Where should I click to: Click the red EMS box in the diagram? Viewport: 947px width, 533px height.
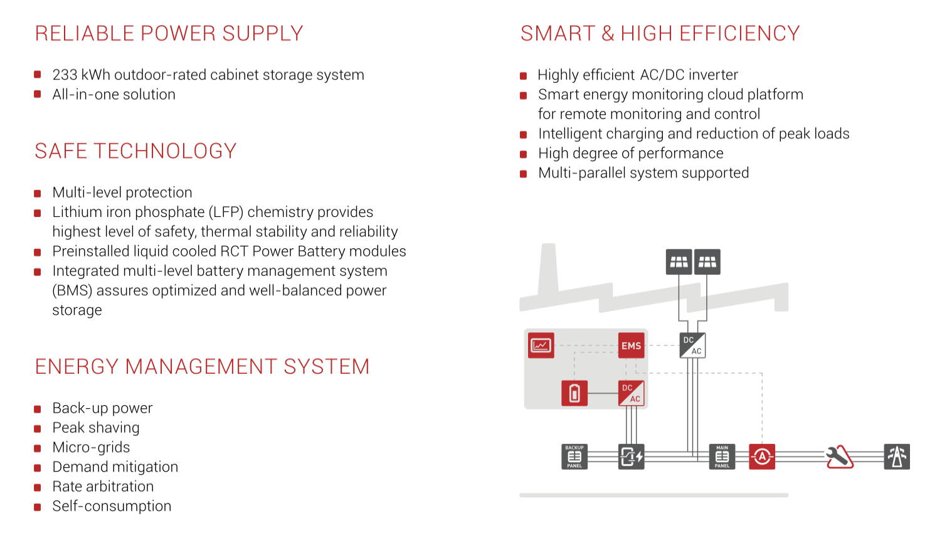[x=631, y=346]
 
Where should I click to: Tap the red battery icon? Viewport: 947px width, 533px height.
[x=574, y=393]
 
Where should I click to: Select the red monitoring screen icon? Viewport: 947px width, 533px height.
[x=541, y=345]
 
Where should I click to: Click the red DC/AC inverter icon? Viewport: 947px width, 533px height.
[x=631, y=393]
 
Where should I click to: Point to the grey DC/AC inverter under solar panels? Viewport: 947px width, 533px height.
[x=692, y=346]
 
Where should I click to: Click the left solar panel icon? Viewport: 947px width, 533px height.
[x=679, y=262]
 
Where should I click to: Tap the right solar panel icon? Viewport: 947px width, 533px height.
[x=707, y=262]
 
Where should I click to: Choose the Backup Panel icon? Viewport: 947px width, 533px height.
[x=574, y=456]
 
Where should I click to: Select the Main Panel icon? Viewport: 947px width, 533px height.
[x=722, y=456]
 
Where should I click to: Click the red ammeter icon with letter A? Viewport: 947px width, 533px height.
[x=762, y=456]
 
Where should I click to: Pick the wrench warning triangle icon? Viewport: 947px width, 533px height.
[x=839, y=456]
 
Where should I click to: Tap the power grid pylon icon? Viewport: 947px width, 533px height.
[x=897, y=456]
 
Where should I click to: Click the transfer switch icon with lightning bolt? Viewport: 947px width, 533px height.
[x=631, y=456]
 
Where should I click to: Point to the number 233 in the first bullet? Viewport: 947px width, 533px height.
[x=65, y=75]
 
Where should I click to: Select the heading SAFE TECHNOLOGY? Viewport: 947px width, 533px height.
[x=135, y=151]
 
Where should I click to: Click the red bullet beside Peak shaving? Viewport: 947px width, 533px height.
[x=38, y=429]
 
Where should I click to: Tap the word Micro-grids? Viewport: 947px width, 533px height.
[x=91, y=448]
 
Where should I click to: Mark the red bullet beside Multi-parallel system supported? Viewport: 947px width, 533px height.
[x=524, y=174]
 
